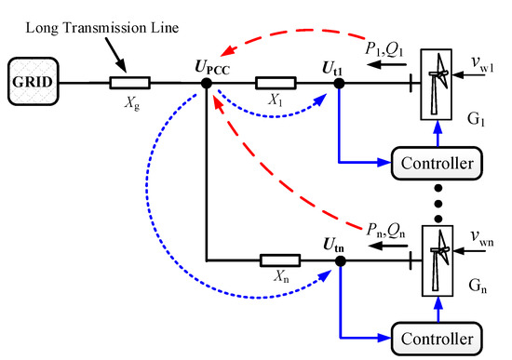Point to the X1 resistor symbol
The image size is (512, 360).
click(271, 84)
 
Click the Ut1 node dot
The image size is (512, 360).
click(340, 84)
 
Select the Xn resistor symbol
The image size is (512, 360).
click(271, 263)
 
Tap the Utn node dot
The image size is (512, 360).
click(340, 263)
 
